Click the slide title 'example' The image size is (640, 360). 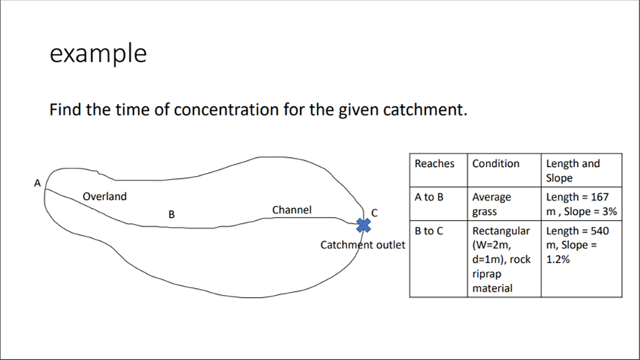pyautogui.click(x=97, y=54)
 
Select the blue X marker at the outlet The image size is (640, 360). pyautogui.click(x=363, y=225)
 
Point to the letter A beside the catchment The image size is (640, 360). pyautogui.click(x=37, y=182)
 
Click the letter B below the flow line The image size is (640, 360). pyautogui.click(x=171, y=214)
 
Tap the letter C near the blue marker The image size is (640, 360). pyautogui.click(x=374, y=213)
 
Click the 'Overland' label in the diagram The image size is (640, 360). pyautogui.click(x=105, y=197)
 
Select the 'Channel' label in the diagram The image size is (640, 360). pyautogui.click(x=292, y=210)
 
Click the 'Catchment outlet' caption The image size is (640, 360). pyautogui.click(x=362, y=245)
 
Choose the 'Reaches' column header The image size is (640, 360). pyautogui.click(x=434, y=163)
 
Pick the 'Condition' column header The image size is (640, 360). pyautogui.click(x=496, y=163)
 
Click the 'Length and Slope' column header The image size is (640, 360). pyautogui.click(x=573, y=170)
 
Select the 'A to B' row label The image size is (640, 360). pyautogui.click(x=430, y=197)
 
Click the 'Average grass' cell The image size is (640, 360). pyautogui.click(x=492, y=204)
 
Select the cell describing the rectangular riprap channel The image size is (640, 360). pyautogui.click(x=502, y=258)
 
